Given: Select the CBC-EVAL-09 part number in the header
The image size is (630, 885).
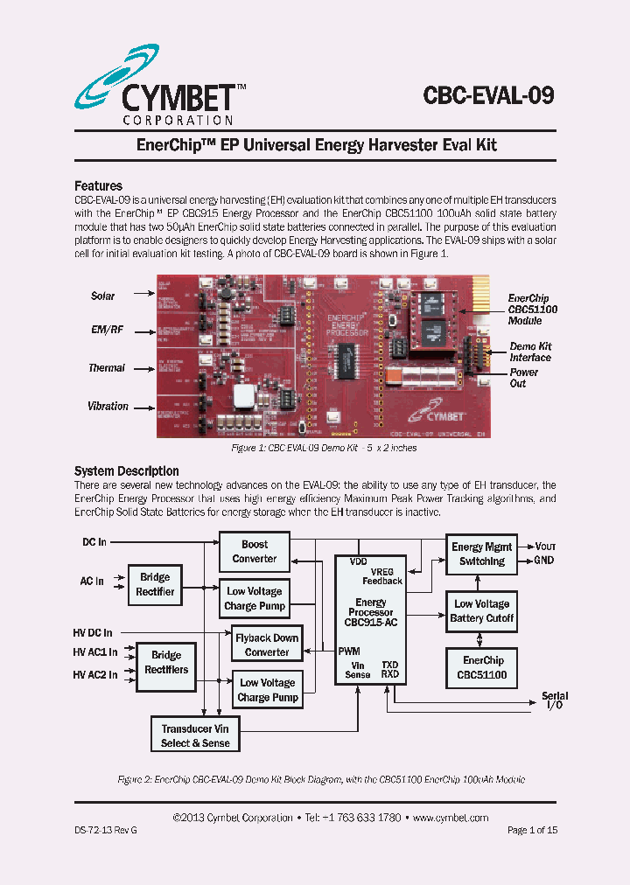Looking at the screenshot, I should [x=488, y=94].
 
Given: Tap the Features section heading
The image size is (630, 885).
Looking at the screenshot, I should [x=98, y=185].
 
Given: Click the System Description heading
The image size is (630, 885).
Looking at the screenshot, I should [x=126, y=470].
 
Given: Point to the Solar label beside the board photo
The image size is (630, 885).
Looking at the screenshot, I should [x=103, y=296].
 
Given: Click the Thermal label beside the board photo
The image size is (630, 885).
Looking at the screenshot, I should [x=106, y=368].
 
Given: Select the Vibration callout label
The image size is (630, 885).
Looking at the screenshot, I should [x=108, y=406].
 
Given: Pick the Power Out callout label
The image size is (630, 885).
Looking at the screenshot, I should [x=523, y=378].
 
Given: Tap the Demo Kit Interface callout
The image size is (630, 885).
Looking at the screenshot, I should [x=530, y=352].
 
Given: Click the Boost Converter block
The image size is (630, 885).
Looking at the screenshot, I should [x=255, y=551].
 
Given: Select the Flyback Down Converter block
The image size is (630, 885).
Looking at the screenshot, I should [x=267, y=645].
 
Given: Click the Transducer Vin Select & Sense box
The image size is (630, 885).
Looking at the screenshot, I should [x=195, y=735].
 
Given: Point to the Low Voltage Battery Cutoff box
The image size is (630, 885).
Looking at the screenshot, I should [x=481, y=610].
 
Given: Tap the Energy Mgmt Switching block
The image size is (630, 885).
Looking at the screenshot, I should [x=481, y=554].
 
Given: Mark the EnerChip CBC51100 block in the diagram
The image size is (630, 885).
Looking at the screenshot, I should [x=483, y=667].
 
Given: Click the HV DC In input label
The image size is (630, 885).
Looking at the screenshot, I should [x=93, y=631].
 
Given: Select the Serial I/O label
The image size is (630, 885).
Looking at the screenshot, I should [x=555, y=700].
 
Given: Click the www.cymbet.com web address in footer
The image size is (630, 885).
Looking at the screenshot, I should [x=450, y=817].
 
